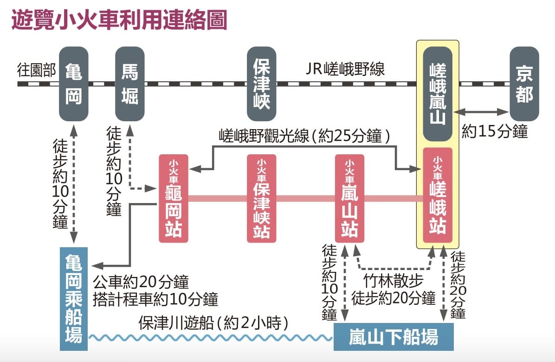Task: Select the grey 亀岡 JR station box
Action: [x=73, y=84]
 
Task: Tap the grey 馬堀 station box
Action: [x=130, y=84]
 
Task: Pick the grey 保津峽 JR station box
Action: [x=261, y=84]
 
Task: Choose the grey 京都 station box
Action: [x=524, y=84]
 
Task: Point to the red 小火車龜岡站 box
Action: [x=173, y=198]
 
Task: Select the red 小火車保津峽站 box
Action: [x=261, y=198]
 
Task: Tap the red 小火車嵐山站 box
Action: [x=349, y=198]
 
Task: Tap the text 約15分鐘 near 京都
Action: [x=495, y=132]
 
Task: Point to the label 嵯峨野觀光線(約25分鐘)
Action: [x=304, y=136]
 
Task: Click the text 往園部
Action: [x=36, y=70]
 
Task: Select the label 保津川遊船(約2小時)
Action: [x=216, y=323]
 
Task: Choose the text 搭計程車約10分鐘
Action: [x=155, y=299]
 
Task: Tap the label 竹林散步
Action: [x=393, y=282]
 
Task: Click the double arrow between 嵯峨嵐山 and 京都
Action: [x=481, y=112]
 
